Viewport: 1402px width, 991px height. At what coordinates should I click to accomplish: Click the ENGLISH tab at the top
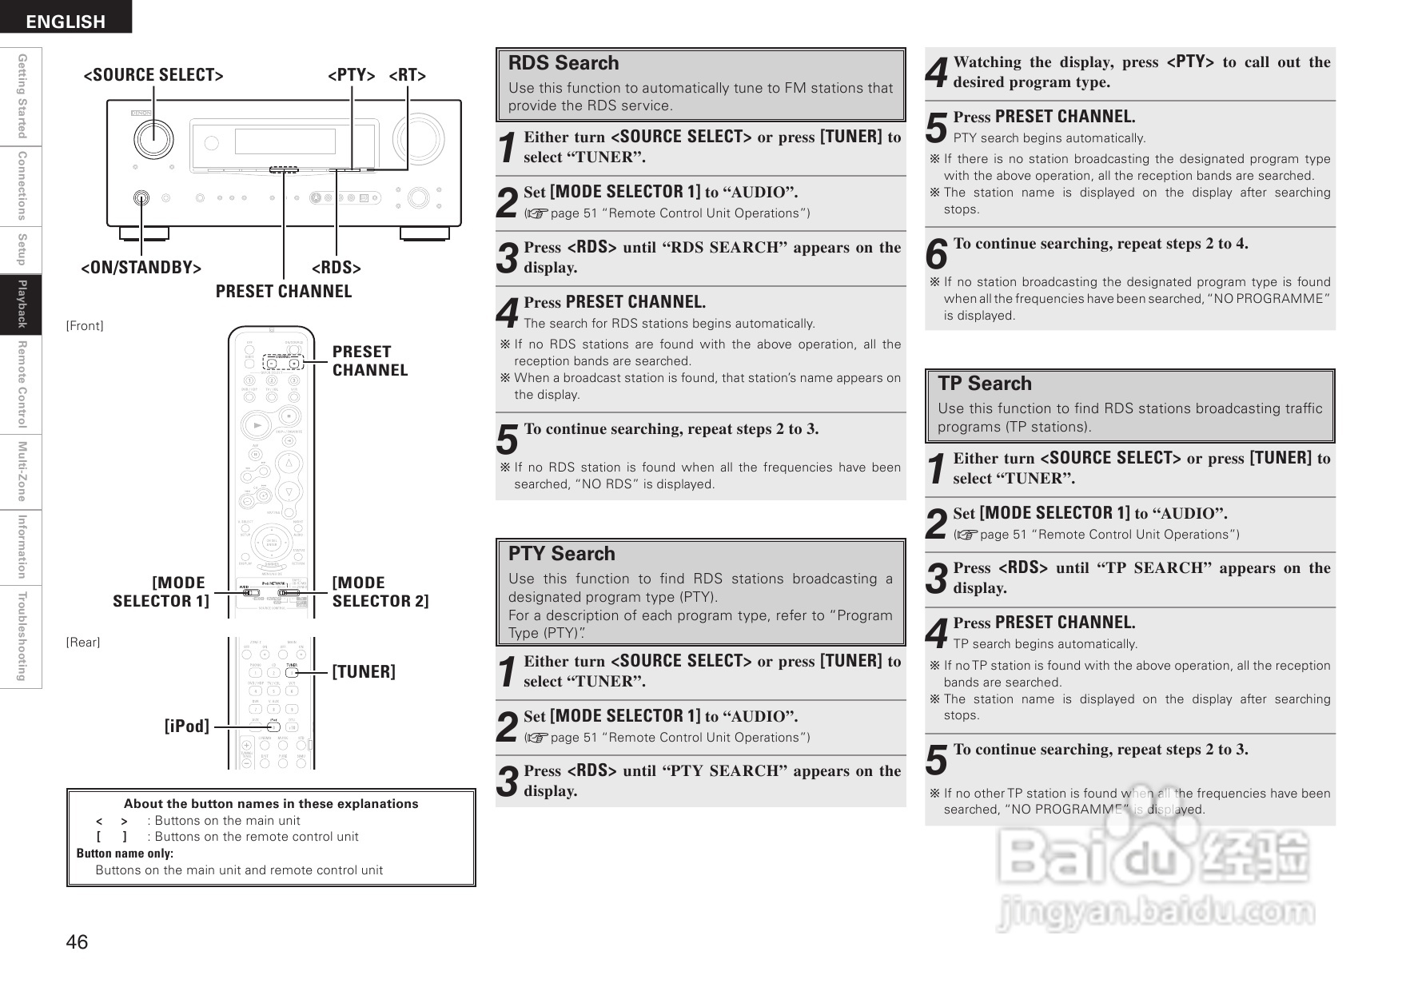pyautogui.click(x=66, y=21)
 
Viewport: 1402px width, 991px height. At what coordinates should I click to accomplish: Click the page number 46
pyautogui.click(x=77, y=942)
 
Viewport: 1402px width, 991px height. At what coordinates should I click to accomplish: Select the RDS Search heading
pyautogui.click(x=564, y=63)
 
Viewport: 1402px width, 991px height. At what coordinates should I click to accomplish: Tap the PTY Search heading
pyautogui.click(x=562, y=554)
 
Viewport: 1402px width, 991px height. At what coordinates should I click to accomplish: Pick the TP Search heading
pyautogui.click(x=985, y=384)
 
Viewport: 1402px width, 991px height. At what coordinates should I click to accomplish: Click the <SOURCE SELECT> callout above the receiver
pyautogui.click(x=153, y=75)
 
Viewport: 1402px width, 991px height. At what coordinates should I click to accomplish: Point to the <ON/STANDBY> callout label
pyautogui.click(x=141, y=268)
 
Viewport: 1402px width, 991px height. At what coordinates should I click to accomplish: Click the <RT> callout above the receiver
pyautogui.click(x=408, y=75)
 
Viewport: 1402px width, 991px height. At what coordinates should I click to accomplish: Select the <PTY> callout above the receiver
pyautogui.click(x=352, y=75)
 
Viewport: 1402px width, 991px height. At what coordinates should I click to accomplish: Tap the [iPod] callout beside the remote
pyautogui.click(x=187, y=726)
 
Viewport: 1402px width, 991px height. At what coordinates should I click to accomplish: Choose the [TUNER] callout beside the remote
pyautogui.click(x=364, y=671)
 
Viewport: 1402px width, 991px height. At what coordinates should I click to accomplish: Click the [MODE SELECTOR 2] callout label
pyautogui.click(x=380, y=592)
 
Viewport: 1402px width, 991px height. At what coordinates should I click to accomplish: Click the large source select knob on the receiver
pyautogui.click(x=154, y=140)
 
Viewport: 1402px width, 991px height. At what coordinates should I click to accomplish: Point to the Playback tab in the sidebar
pyautogui.click(x=22, y=304)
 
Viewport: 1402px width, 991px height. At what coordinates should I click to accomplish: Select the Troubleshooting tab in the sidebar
pyautogui.click(x=22, y=636)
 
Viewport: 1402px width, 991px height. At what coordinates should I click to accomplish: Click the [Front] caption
pyautogui.click(x=85, y=326)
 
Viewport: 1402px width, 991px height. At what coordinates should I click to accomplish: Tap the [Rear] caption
pyautogui.click(x=83, y=643)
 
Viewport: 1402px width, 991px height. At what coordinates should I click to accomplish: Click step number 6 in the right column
pyautogui.click(x=936, y=254)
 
